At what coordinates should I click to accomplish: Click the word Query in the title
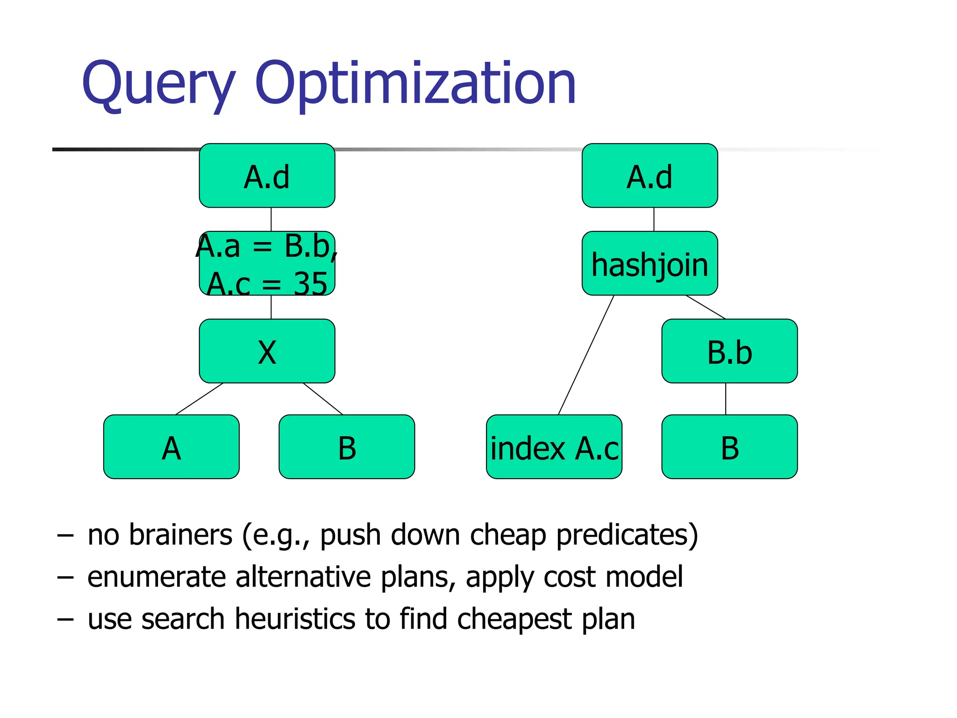[x=159, y=84]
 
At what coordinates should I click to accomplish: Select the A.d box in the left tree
[x=267, y=176]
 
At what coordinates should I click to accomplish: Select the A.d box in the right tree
[x=650, y=176]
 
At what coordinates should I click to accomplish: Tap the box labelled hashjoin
[x=650, y=264]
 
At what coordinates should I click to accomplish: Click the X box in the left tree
[x=267, y=352]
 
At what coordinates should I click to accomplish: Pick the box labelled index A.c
[x=554, y=447]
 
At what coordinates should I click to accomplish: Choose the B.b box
[x=729, y=352]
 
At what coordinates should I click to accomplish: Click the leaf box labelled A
[x=171, y=447]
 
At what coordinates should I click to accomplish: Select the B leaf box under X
[x=347, y=447]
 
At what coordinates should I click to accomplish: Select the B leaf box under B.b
[x=729, y=447]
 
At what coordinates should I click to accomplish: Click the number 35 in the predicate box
[x=310, y=283]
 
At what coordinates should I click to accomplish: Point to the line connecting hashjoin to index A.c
[x=586, y=355]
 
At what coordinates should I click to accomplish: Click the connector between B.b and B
[x=726, y=399]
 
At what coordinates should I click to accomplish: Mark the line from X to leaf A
[x=200, y=399]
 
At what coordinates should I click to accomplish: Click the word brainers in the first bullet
[x=180, y=535]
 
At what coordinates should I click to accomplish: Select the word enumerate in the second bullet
[x=157, y=577]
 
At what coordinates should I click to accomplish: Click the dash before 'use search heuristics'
[x=65, y=620]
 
